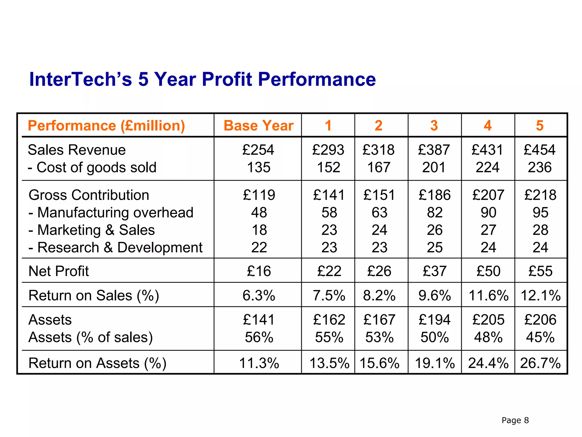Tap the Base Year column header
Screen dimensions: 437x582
click(258, 125)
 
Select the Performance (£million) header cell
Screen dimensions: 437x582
click(107, 125)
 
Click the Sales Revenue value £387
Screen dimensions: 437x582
click(434, 150)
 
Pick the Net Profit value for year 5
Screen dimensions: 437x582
click(540, 271)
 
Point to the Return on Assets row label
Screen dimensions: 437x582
click(97, 363)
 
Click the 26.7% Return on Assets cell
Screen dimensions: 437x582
click(540, 363)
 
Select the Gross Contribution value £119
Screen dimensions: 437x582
click(259, 195)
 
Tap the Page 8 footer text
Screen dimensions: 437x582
click(515, 420)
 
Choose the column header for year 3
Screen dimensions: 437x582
click(434, 125)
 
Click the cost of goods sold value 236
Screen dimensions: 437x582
click(540, 167)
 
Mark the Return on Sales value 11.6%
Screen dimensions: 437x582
click(488, 295)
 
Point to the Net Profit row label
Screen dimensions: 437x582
click(59, 271)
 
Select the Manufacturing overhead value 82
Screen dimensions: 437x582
click(435, 213)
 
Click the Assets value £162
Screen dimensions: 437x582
click(329, 320)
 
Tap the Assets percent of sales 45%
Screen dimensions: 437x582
click(540, 337)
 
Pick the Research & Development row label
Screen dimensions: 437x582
click(115, 248)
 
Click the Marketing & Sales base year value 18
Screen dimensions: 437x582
click(259, 230)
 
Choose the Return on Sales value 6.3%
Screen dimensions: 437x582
click(259, 295)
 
